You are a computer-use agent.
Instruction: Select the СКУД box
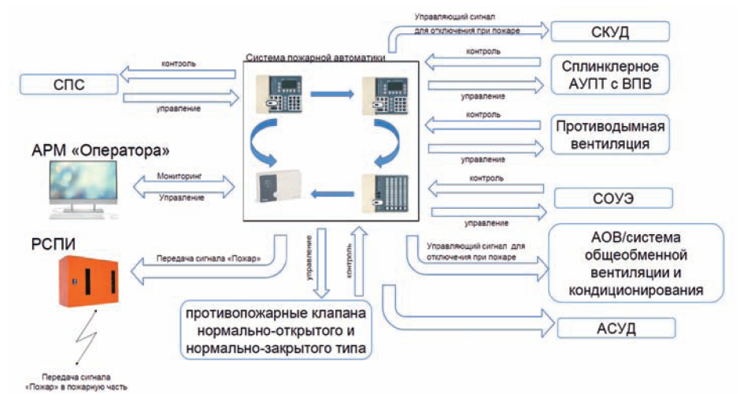pyautogui.click(x=610, y=32)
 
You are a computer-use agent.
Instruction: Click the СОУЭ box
pyautogui.click(x=610, y=197)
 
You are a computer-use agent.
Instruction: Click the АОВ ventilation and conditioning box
pyautogui.click(x=635, y=263)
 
